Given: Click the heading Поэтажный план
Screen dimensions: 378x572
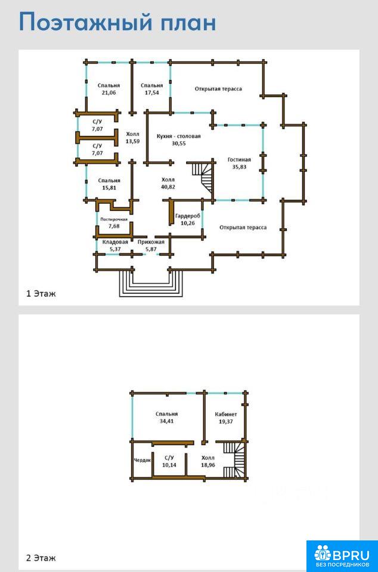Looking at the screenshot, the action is pos(117,23).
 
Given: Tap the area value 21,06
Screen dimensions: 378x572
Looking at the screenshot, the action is pos(109,93).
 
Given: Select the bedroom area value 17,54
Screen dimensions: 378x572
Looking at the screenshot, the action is pos(152,93).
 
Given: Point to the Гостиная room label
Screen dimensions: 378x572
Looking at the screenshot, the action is pos(239,160).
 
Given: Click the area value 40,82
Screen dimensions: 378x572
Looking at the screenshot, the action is pos(168,186).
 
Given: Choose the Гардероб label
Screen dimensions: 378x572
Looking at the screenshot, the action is pos(188,216).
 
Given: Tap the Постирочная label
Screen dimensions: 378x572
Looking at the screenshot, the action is pos(114,219).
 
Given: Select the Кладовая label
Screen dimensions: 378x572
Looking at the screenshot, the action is pos(115,242).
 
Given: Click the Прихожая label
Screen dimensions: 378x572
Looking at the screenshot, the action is pos(151,242).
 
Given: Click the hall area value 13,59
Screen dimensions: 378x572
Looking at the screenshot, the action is pos(133,141).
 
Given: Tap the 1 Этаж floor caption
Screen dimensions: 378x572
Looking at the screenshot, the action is pos(41,293).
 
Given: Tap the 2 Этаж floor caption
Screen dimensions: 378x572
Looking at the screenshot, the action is pos(41,558).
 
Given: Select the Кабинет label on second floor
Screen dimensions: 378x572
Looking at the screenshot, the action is pos(226,415).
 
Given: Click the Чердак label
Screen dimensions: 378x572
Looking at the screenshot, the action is pos(142,461).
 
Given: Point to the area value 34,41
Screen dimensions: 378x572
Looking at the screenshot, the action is pos(167,421).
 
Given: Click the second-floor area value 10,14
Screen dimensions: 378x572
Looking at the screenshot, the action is pos(169,465).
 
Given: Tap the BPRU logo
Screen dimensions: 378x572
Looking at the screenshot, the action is pos(342,555).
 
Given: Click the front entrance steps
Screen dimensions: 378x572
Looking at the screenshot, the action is pos(151,285).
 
